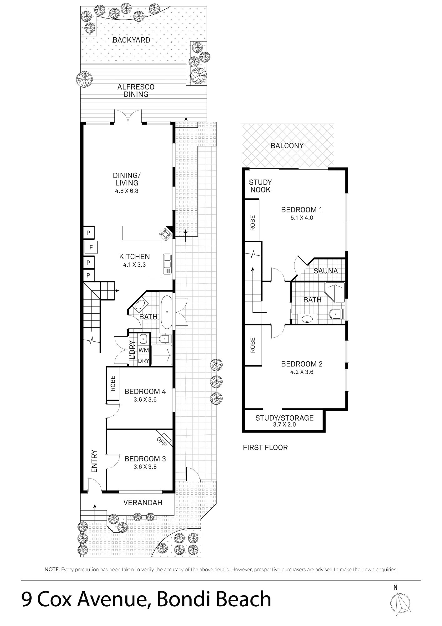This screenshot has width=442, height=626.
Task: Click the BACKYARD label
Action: pyautogui.click(x=131, y=40)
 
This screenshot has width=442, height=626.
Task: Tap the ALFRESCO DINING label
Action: pyautogui.click(x=136, y=90)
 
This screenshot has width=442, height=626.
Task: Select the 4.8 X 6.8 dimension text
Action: pyautogui.click(x=127, y=191)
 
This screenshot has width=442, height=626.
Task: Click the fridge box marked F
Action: pyautogui.click(x=91, y=247)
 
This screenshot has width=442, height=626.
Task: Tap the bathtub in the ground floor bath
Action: pyautogui.click(x=166, y=312)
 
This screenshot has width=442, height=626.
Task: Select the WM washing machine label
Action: pyautogui.click(x=144, y=350)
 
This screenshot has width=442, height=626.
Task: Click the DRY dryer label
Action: pyautogui.click(x=144, y=361)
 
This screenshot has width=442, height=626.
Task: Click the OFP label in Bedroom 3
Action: pyautogui.click(x=162, y=441)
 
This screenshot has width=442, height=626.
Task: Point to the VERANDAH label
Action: pyautogui.click(x=143, y=503)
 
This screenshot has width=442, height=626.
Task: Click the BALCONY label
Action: pyautogui.click(x=287, y=146)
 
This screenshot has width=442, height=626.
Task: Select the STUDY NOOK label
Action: pyautogui.click(x=260, y=186)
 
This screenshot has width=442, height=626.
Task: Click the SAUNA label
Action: pyautogui.click(x=326, y=271)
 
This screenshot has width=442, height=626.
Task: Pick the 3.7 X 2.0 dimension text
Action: pyautogui.click(x=284, y=425)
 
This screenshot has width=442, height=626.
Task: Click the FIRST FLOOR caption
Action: pyautogui.click(x=265, y=448)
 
